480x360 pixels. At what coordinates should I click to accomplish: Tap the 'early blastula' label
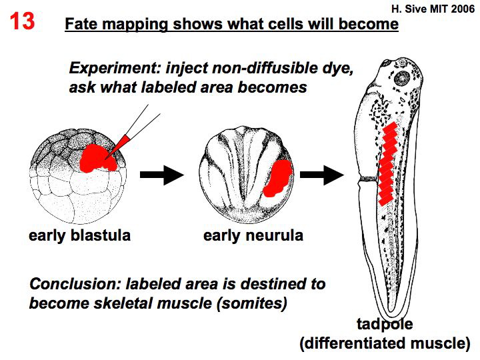[x=79, y=235]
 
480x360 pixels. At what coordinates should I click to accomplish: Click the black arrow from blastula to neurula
[x=161, y=175]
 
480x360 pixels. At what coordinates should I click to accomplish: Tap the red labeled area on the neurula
[x=276, y=177]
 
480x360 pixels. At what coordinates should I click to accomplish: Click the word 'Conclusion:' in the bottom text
[x=72, y=285]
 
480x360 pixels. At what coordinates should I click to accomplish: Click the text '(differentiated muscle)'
[x=385, y=344]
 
